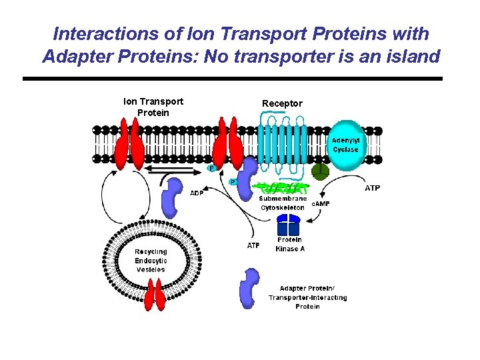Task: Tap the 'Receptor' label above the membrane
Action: (282, 103)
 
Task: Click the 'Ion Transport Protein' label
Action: (153, 107)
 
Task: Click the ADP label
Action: (197, 193)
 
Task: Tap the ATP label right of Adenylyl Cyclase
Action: (373, 188)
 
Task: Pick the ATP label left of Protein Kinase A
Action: (253, 245)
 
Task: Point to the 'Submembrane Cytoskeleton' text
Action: (283, 203)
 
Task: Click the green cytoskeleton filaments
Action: (283, 188)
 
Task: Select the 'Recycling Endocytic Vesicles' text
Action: (151, 261)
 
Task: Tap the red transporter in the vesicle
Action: (155, 295)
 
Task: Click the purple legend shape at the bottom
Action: (250, 289)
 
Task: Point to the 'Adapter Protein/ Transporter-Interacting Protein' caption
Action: (307, 297)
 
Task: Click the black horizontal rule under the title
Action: (232, 79)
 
